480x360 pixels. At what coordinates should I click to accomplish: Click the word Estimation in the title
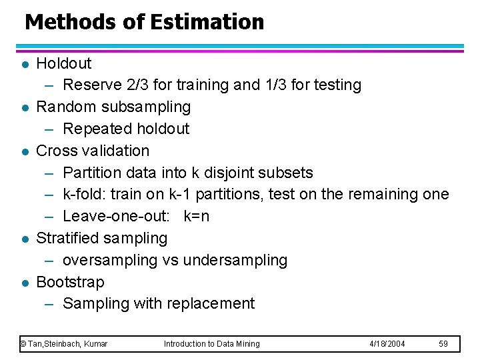click(207, 22)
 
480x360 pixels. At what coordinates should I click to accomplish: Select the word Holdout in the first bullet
click(64, 63)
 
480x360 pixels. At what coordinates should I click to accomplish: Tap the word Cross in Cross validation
click(56, 151)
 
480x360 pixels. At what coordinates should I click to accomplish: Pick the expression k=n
click(196, 216)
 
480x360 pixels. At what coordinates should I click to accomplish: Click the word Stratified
click(67, 238)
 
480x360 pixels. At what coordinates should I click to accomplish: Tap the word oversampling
click(110, 260)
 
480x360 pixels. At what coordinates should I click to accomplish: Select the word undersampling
click(235, 260)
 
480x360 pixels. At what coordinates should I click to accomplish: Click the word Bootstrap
click(70, 282)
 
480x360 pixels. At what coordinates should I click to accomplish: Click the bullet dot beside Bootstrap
click(24, 283)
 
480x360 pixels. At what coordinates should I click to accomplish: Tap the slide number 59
click(443, 344)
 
